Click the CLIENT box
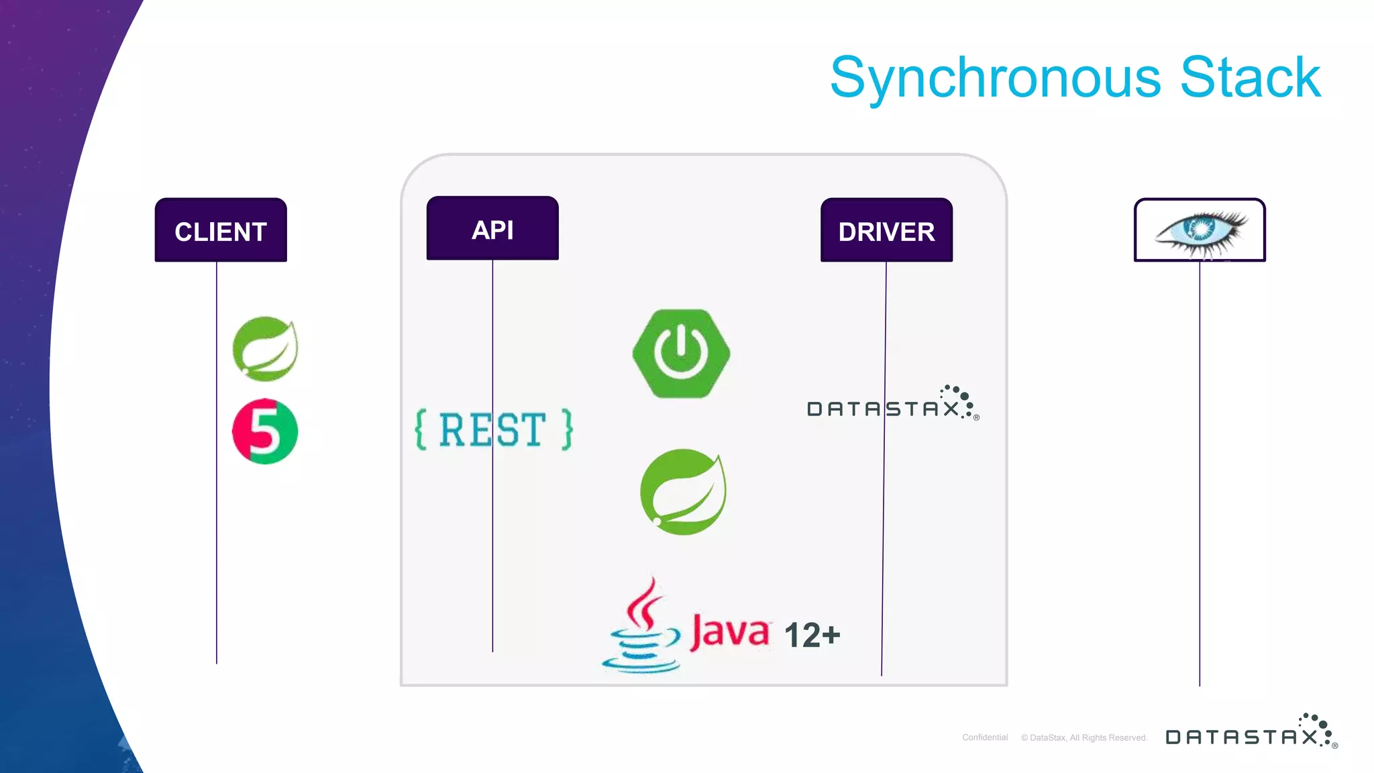221,230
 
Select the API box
492,229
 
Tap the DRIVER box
886,230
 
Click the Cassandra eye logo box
1200,229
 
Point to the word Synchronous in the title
995,79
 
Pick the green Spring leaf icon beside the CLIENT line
266,349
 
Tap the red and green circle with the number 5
265,431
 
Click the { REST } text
494,429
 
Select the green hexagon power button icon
681,354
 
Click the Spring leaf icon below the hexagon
683,492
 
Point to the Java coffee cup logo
641,627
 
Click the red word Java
730,631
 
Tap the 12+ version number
812,635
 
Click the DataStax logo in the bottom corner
1251,733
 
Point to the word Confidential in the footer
985,737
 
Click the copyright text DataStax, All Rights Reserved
1084,737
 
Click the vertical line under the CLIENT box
217,537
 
